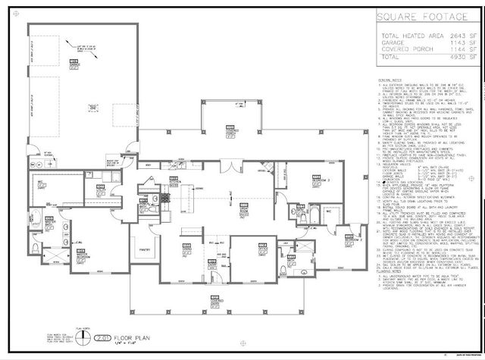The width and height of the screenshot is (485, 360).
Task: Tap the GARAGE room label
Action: [x=75, y=64]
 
